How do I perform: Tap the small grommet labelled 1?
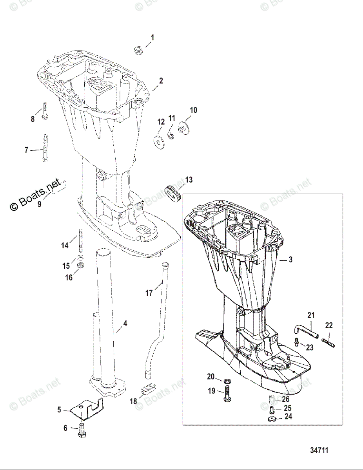click(x=138, y=50)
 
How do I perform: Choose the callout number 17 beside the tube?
click(x=149, y=293)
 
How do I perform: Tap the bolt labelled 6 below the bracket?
click(x=82, y=430)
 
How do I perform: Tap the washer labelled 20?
click(x=227, y=381)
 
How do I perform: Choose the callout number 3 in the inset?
click(x=290, y=259)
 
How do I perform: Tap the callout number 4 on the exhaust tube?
click(x=125, y=324)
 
